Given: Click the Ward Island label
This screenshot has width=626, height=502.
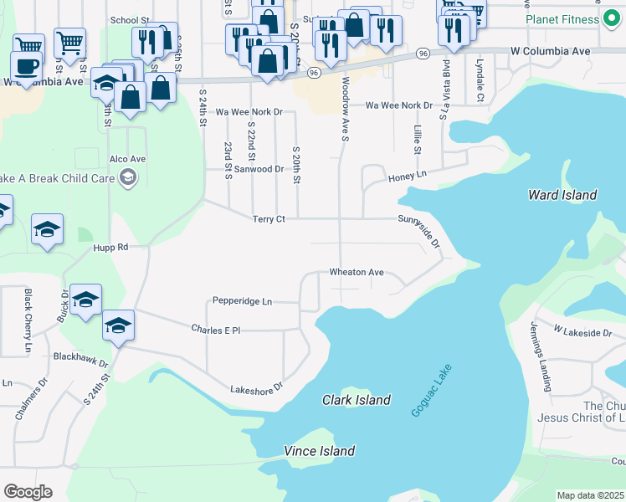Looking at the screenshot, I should [562, 195].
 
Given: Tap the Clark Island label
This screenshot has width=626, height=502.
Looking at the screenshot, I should [357, 400].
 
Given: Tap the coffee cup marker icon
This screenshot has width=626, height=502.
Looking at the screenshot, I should [26, 66].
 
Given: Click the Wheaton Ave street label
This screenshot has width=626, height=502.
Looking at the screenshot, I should [357, 273].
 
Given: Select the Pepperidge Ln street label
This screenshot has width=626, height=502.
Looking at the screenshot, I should [242, 301].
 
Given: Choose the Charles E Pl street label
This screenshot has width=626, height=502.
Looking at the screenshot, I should [215, 330].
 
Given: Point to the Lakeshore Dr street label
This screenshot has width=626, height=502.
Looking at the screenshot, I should [257, 388].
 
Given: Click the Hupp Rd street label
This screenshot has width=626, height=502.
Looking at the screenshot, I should [110, 248].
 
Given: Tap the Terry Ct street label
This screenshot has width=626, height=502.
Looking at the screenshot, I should [269, 219].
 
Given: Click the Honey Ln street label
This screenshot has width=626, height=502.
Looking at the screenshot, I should [407, 175].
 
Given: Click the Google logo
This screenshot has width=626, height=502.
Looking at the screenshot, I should [28, 491].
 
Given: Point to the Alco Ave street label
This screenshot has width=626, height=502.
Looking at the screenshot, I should [127, 158].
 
